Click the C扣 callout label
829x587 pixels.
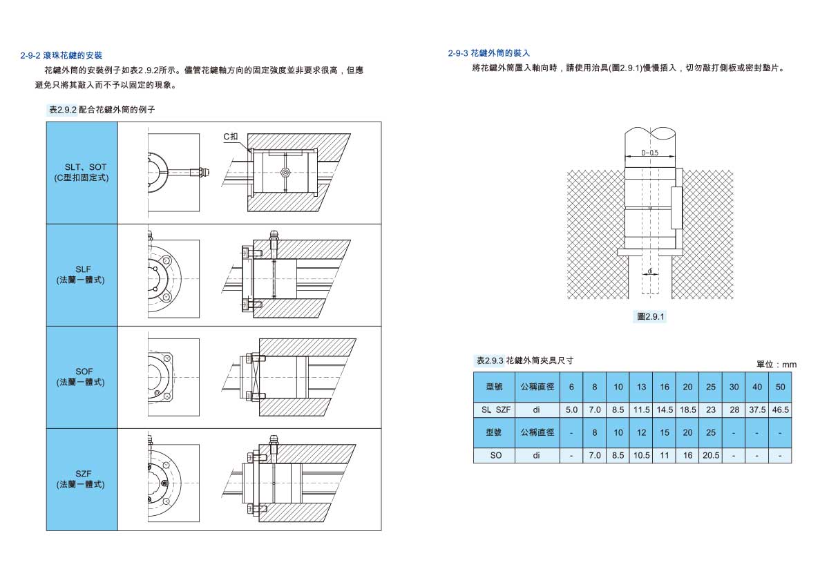[231, 137]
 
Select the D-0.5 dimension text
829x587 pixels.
[649, 153]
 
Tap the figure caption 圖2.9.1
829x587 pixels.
[650, 316]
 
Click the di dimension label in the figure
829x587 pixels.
[650, 271]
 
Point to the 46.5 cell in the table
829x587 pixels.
[781, 410]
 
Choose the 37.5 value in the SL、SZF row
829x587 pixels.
[757, 410]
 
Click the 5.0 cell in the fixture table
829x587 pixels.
[571, 410]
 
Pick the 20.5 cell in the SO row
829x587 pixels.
[711, 456]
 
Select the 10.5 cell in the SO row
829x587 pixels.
[642, 456]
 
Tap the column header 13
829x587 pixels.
[642, 387]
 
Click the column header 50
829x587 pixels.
[781, 387]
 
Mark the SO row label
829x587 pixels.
[496, 456]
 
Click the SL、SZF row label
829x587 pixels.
[496, 410]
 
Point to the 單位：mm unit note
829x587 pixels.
[776, 364]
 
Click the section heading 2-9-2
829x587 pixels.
[61, 55]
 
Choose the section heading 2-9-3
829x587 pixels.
[489, 53]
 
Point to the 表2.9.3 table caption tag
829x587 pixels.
[490, 360]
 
